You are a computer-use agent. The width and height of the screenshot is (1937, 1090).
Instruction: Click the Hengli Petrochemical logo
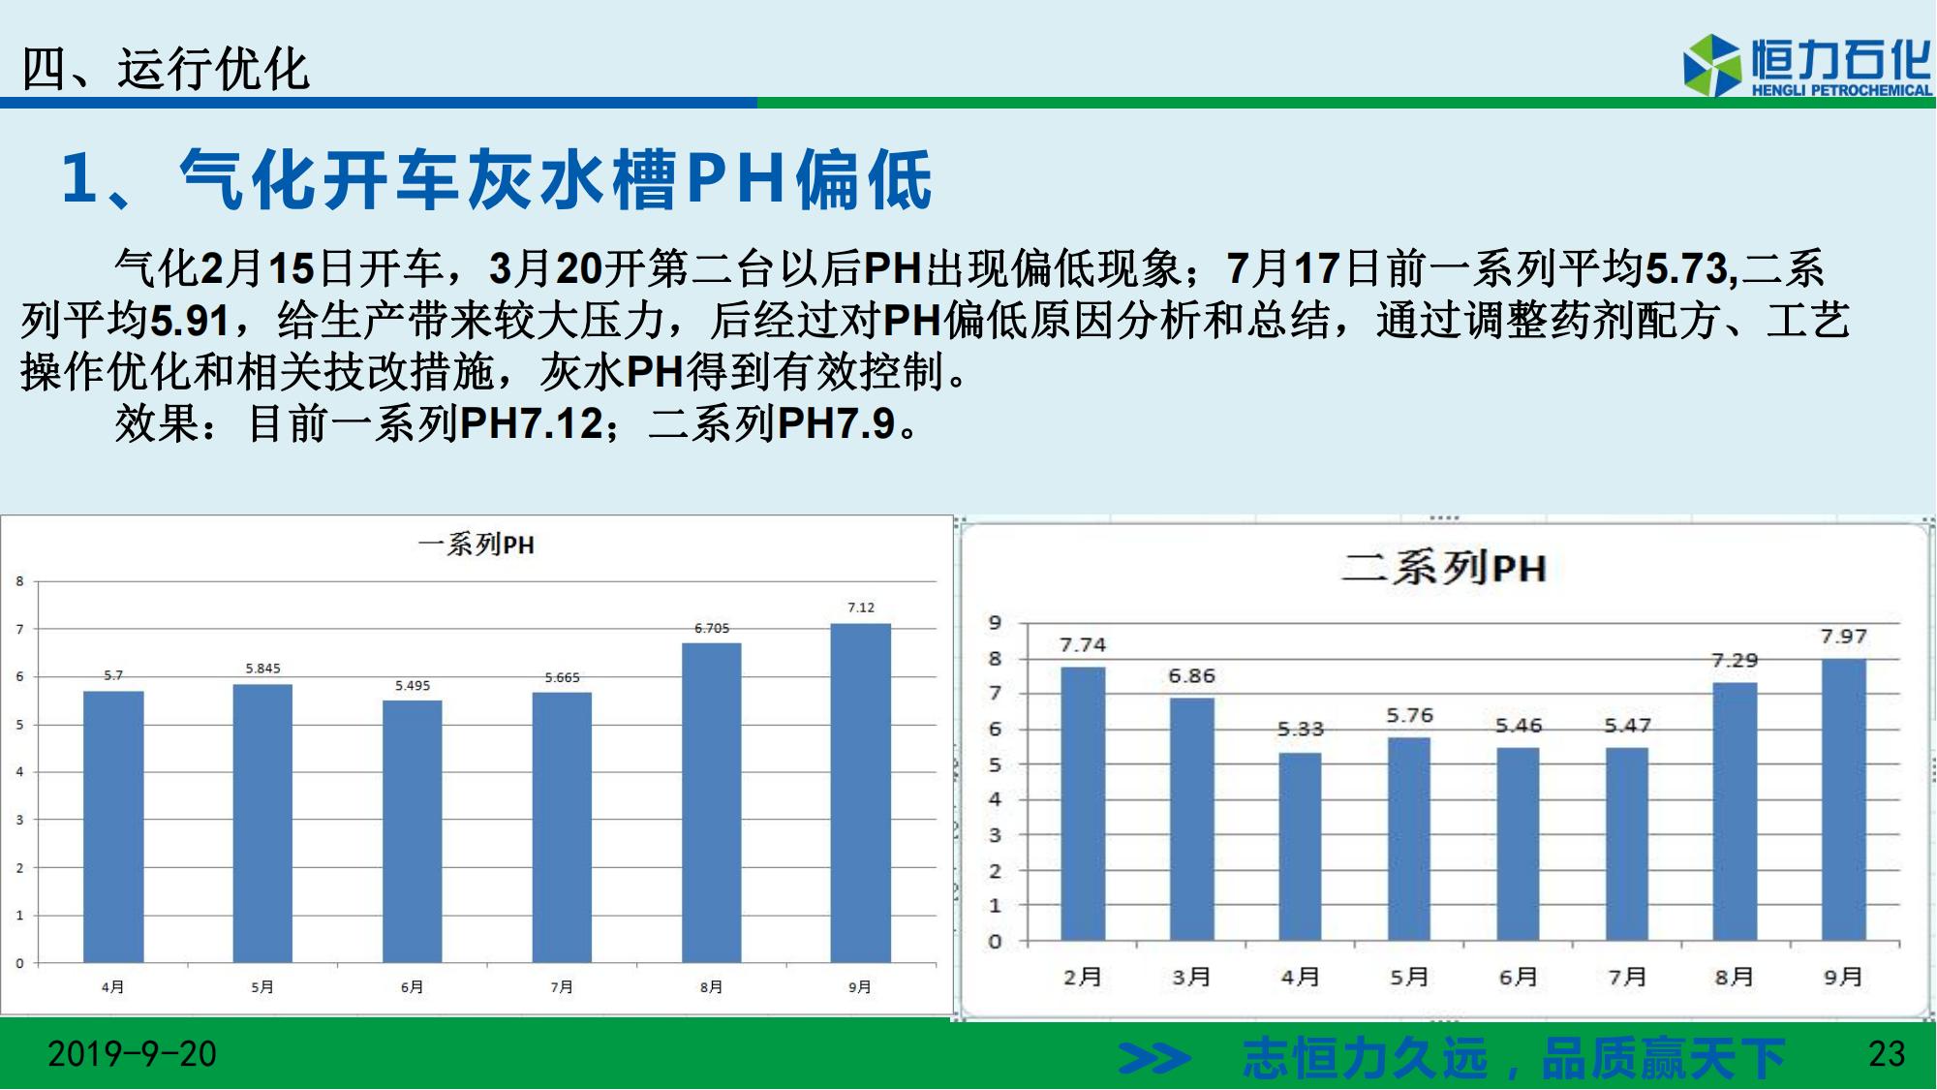[1807, 66]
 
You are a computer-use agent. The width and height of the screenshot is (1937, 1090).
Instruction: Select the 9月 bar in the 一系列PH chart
[860, 793]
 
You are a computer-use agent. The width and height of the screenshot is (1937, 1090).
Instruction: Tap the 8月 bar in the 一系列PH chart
[711, 802]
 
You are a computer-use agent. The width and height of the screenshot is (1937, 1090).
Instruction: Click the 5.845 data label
[262, 669]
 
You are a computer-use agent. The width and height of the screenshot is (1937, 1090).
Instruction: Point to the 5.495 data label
[413, 685]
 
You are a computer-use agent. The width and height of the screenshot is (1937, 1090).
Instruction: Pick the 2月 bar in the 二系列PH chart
[1083, 803]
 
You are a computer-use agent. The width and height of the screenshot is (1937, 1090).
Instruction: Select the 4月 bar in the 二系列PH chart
[1300, 846]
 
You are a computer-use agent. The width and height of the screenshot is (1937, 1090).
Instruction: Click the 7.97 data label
[1843, 637]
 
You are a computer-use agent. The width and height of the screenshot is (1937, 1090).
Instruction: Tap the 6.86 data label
[1191, 675]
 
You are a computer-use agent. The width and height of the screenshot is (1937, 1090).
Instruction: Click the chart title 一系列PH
[476, 545]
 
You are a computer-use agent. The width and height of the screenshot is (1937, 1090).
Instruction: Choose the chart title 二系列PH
[1443, 568]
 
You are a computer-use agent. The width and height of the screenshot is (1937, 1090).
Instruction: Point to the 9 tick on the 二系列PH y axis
[995, 623]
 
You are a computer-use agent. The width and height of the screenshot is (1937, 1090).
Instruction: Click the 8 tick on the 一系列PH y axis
[19, 581]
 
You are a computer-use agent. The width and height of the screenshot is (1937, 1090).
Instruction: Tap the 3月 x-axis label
[1191, 977]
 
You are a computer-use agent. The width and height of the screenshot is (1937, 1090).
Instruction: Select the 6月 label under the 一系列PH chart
[412, 986]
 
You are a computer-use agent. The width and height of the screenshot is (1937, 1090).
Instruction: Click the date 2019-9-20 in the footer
[133, 1054]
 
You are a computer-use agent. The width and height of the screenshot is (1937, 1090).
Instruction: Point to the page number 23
[1887, 1054]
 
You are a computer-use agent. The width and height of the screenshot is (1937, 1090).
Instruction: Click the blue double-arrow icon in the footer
[1154, 1058]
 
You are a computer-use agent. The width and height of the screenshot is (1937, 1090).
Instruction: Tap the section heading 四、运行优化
[165, 69]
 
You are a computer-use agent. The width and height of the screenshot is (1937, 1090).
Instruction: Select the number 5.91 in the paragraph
[190, 321]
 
